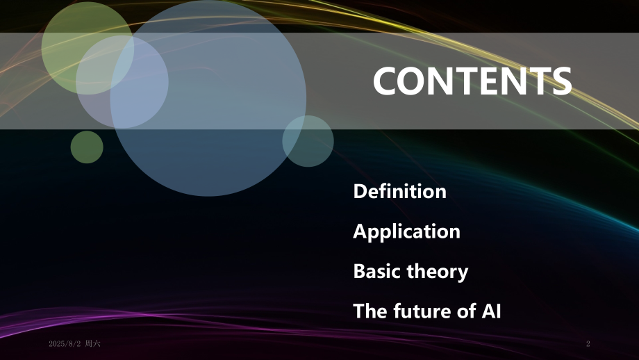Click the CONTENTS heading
pos(472,82)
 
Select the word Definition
pos(399,191)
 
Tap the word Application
pos(406,231)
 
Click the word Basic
pos(377,271)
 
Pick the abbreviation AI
pos(491,311)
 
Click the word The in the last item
pos(369,311)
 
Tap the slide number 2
pos(588,344)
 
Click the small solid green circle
pos(87,147)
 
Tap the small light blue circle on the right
pos(308,141)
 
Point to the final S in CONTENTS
pos(561,82)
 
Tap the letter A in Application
pos(360,231)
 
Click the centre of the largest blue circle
pos(208,97)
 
